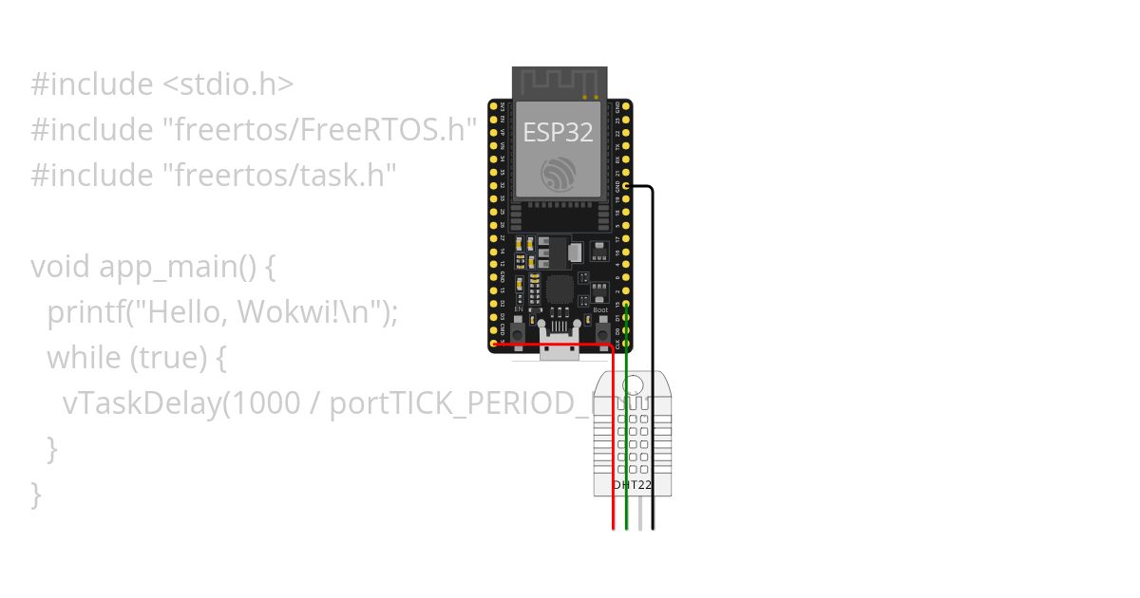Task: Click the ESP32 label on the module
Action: [559, 133]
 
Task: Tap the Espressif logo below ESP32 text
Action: [559, 175]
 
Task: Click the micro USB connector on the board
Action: [560, 349]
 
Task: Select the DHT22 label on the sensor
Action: [632, 484]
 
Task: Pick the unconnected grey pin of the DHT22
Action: [640, 513]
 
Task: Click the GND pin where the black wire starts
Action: [626, 188]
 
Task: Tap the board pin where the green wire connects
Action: [626, 306]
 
